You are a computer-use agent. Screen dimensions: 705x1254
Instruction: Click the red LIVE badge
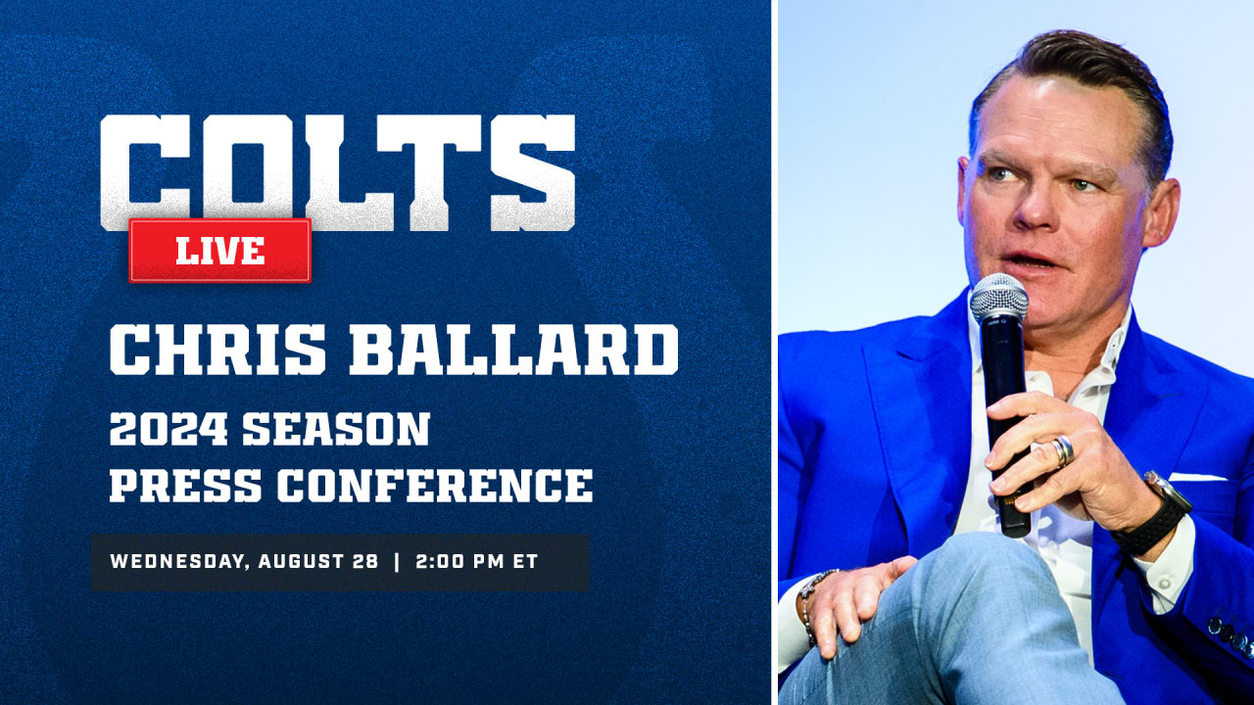pos(220,251)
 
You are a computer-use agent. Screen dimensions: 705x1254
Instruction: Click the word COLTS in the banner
pos(338,172)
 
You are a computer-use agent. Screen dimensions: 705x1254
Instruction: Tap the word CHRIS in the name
pos(217,349)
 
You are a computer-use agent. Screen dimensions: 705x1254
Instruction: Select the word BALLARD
pos(513,349)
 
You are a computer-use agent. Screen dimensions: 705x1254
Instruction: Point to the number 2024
pos(168,430)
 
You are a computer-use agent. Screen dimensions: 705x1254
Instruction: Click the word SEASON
pos(336,430)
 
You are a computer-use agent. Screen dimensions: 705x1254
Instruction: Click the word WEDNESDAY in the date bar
pos(173,562)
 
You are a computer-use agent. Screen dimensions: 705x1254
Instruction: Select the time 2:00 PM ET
pos(476,562)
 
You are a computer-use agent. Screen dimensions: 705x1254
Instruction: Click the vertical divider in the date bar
pos(396,562)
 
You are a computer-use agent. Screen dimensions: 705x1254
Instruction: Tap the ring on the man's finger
pos(1063,450)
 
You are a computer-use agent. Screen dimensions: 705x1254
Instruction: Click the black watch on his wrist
pos(1156,514)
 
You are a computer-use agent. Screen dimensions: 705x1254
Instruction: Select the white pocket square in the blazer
pos(1197,478)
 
